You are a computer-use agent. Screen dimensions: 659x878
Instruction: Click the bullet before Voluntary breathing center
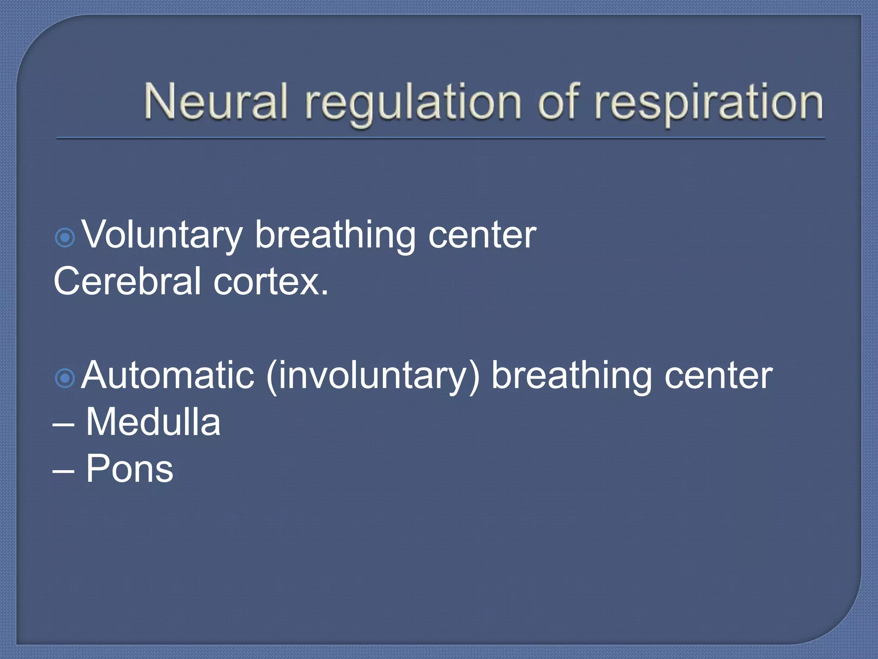[x=65, y=237]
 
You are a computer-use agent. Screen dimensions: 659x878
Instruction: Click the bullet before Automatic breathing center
[x=65, y=378]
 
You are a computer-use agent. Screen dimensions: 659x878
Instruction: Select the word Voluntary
[x=162, y=236]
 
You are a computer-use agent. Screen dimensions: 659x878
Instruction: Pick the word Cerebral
[x=127, y=281]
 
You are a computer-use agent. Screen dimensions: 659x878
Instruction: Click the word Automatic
[x=168, y=375]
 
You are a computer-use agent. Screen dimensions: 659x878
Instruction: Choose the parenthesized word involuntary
[x=373, y=376]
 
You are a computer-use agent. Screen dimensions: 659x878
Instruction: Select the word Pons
[x=129, y=469]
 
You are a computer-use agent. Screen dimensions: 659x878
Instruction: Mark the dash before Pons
[x=63, y=471]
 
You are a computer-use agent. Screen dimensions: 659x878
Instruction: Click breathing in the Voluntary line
[x=335, y=236]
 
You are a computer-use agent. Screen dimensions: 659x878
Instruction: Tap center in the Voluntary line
[x=482, y=236]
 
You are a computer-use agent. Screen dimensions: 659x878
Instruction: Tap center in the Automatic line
[x=719, y=377]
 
